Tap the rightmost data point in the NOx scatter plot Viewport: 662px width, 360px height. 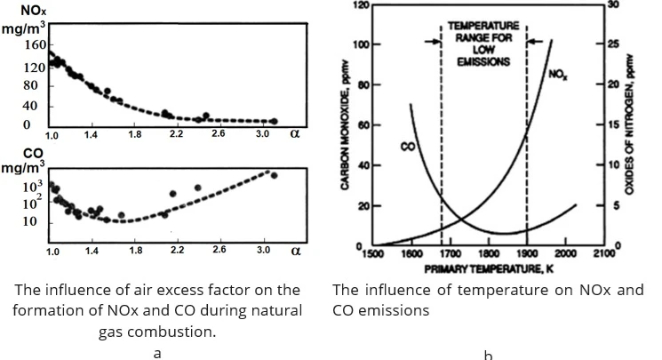(x=274, y=121)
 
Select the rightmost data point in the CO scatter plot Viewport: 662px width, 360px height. (x=274, y=175)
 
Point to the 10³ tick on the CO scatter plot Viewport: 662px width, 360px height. (x=32, y=186)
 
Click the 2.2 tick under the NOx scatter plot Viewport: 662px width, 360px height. (x=176, y=134)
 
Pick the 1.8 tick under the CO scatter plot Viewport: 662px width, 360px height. (x=135, y=252)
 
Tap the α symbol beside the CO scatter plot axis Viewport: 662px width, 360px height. (x=296, y=252)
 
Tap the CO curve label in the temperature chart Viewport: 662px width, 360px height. (x=407, y=146)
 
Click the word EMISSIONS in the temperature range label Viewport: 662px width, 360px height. (x=483, y=62)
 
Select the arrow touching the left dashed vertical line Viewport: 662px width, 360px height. (x=433, y=41)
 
